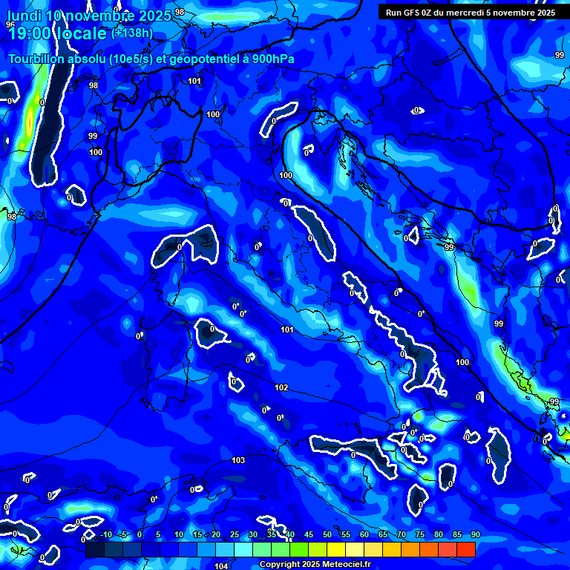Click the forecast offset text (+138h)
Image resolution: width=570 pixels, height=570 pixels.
pyautogui.click(x=132, y=33)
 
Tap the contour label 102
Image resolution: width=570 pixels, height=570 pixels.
pyautogui.click(x=281, y=387)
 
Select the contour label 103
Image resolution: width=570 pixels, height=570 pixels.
pyautogui.click(x=238, y=461)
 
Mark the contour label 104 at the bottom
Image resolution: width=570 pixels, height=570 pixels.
pyautogui.click(x=221, y=566)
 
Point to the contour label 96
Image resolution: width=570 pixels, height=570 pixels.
pyautogui.click(x=10, y=24)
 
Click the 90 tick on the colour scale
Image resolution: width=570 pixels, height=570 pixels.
pyautogui.click(x=475, y=535)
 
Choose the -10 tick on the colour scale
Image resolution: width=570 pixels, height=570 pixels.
pyautogui.click(x=106, y=535)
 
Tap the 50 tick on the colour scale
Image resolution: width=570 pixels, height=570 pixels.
pyautogui.click(x=327, y=535)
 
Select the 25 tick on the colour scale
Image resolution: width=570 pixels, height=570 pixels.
pyautogui.click(x=235, y=535)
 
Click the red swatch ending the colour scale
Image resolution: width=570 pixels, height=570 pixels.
pyautogui.click(x=465, y=549)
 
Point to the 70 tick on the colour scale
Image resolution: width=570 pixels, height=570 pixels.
pyautogui.click(x=402, y=535)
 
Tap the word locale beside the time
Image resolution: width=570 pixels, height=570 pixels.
pyautogui.click(x=81, y=33)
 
